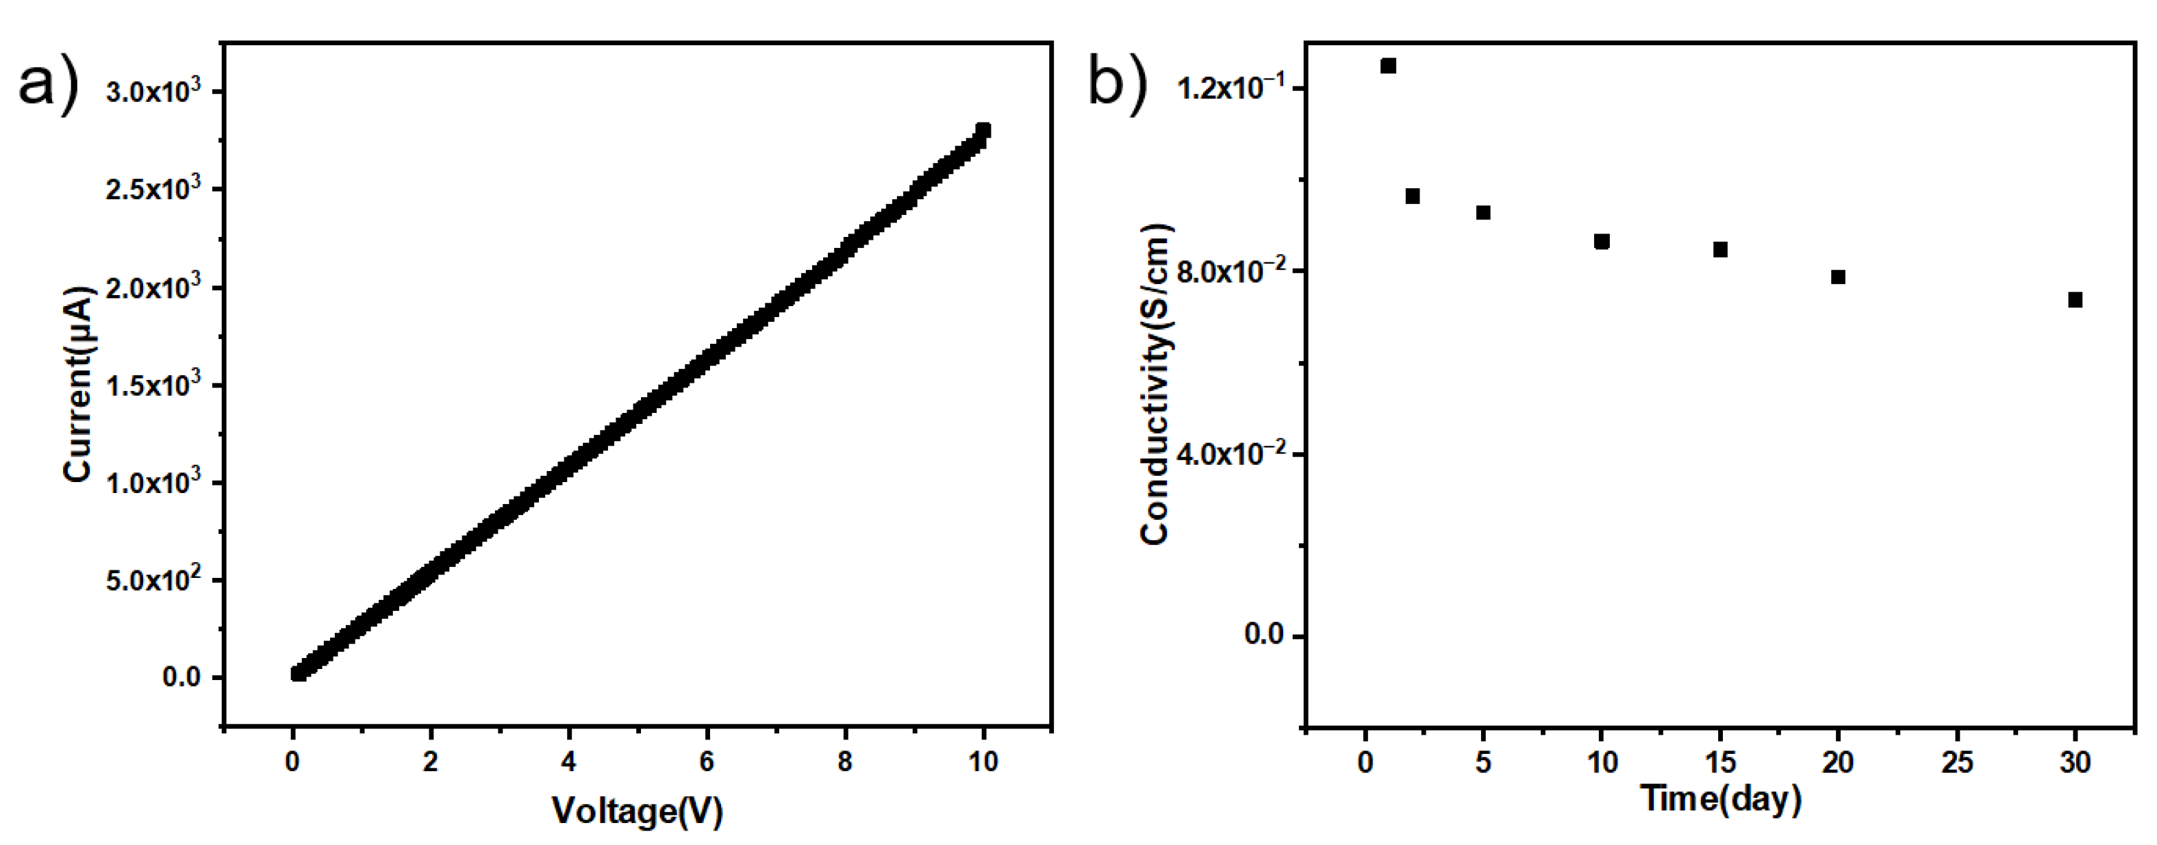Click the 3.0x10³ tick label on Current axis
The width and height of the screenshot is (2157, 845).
tap(153, 91)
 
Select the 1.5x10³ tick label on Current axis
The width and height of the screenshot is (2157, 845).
tap(153, 386)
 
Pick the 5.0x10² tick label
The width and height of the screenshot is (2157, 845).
tap(153, 579)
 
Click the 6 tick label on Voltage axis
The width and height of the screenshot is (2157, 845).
tap(707, 761)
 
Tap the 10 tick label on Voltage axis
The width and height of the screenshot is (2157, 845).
tap(983, 761)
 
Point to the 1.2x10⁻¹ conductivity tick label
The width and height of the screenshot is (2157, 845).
tap(1231, 87)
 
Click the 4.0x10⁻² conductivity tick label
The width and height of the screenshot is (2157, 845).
tap(1231, 454)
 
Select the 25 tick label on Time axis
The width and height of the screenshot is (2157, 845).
tap(1957, 761)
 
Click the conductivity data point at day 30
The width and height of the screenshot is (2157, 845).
tap(2075, 300)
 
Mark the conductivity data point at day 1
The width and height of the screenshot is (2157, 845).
tap(1388, 65)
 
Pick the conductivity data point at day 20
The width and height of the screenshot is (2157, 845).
tap(1838, 277)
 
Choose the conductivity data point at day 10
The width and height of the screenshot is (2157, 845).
tap(1602, 241)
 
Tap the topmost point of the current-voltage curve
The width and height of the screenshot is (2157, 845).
tap(983, 130)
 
